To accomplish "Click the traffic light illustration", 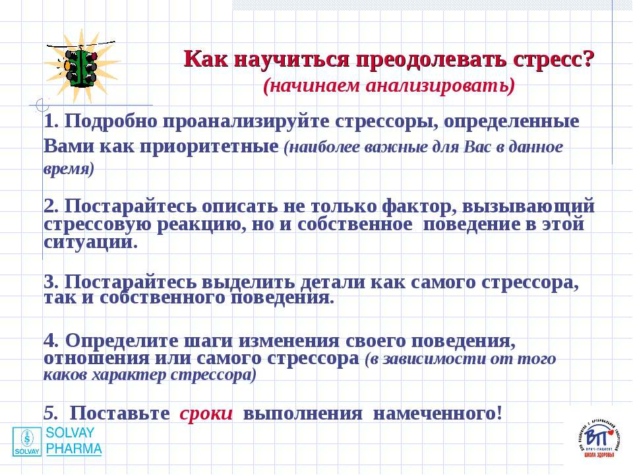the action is pyautogui.click(x=81, y=67).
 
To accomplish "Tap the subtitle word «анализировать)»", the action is pyautogui.click(x=440, y=86).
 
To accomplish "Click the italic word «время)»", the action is pyautogui.click(x=69, y=169).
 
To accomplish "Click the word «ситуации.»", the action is pyautogui.click(x=91, y=242).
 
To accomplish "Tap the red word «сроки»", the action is pyautogui.click(x=206, y=414).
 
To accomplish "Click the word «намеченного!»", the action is pyautogui.click(x=438, y=414).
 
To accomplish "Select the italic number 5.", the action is pyautogui.click(x=51, y=413).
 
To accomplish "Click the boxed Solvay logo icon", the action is pyautogui.click(x=27, y=441).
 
